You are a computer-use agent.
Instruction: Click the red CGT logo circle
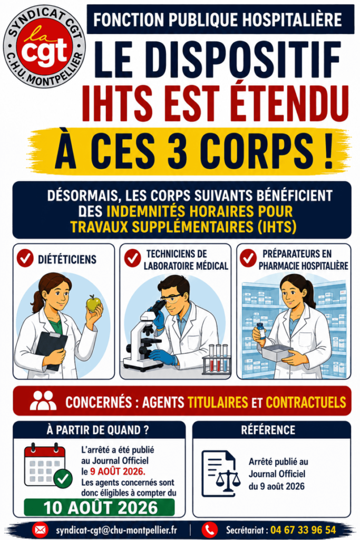44,47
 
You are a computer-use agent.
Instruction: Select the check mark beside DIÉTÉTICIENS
25,258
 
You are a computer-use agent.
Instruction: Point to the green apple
93,303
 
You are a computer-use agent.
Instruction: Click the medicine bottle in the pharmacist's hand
261,331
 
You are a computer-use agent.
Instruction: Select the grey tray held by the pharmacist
277,352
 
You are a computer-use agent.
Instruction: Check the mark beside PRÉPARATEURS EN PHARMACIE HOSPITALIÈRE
248,258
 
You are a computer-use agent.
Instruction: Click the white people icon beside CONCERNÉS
43,401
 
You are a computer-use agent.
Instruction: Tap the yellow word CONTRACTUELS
306,402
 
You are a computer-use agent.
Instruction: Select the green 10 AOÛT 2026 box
99,507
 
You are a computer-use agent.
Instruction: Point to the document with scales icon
221,473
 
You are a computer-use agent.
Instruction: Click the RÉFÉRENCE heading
268,430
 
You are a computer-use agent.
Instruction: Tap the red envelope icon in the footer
40,529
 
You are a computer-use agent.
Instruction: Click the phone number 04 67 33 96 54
303,529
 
